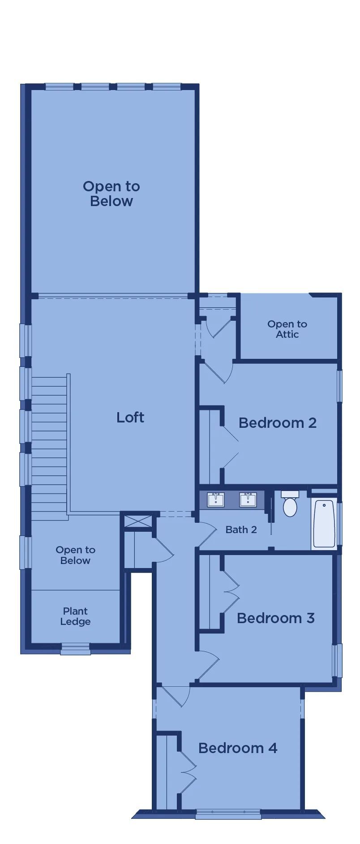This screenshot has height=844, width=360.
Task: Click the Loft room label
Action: pyautogui.click(x=130, y=418)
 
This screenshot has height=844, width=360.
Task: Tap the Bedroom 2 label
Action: pyautogui.click(x=278, y=422)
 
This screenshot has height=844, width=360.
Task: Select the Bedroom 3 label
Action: pyautogui.click(x=276, y=618)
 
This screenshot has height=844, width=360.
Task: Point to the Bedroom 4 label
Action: pyautogui.click(x=238, y=748)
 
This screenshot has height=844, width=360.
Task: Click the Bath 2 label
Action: pyautogui.click(x=241, y=530)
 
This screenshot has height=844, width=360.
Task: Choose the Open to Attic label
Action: pyautogui.click(x=287, y=329)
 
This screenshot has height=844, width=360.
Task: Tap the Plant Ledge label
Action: pyautogui.click(x=76, y=616)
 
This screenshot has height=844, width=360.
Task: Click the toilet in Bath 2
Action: pyautogui.click(x=290, y=503)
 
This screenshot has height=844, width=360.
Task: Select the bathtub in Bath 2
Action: pyautogui.click(x=324, y=523)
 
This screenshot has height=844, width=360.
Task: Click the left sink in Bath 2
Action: pyautogui.click(x=216, y=500)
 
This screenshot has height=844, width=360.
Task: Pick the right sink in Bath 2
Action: pyautogui.click(x=248, y=500)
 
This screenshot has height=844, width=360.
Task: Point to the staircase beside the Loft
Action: pyautogui.click(x=49, y=448)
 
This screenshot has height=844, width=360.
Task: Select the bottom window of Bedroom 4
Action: pyautogui.click(x=228, y=814)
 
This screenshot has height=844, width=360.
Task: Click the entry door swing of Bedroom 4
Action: pyautogui.click(x=177, y=696)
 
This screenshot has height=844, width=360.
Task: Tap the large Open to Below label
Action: pyautogui.click(x=111, y=194)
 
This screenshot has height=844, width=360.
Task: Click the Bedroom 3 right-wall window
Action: pyautogui.click(x=337, y=660)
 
